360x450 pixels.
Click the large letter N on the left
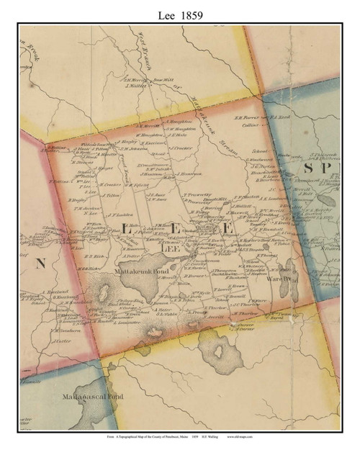tap(40, 264)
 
